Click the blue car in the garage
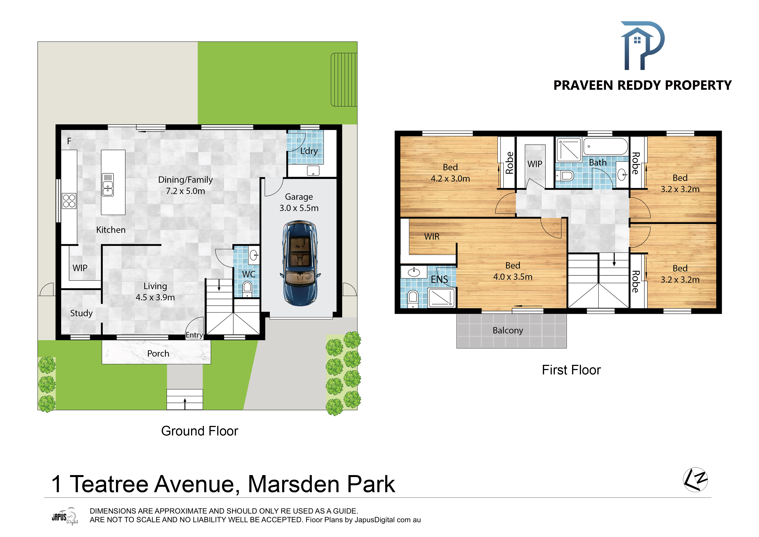(300, 263)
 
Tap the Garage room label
(299, 197)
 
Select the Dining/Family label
(185, 180)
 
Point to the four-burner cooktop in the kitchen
(69, 201)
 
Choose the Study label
(81, 313)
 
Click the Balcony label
(508, 330)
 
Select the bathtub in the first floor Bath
(605, 146)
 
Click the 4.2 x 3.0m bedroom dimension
(450, 179)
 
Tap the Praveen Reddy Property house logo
(642, 46)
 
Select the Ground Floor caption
(200, 431)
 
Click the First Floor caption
(571, 370)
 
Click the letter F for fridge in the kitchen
(69, 141)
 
